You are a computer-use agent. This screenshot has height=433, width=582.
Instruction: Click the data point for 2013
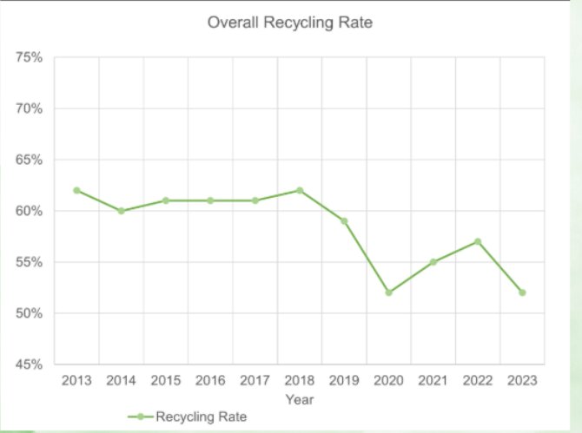(x=76, y=190)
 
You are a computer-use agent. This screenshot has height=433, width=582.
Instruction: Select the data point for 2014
(x=122, y=211)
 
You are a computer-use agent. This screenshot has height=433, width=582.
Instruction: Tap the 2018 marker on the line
(x=300, y=190)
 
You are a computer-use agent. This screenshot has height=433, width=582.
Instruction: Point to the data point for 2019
(x=344, y=221)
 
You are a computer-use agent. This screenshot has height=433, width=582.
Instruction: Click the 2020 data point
(x=388, y=292)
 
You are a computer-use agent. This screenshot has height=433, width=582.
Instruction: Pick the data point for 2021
(x=433, y=262)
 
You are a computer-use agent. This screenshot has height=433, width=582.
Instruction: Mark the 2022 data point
(x=478, y=241)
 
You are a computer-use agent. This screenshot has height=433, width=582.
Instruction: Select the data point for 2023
(x=522, y=292)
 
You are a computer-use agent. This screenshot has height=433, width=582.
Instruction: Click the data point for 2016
(x=210, y=200)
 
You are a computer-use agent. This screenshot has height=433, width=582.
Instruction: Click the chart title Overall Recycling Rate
(x=290, y=23)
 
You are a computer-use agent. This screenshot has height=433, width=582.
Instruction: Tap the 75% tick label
(x=30, y=57)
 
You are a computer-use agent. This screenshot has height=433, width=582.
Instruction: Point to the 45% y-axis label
(x=30, y=364)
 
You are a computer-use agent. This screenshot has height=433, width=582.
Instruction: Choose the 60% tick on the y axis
(x=30, y=211)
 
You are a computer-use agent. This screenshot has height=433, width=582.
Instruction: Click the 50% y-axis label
(x=30, y=313)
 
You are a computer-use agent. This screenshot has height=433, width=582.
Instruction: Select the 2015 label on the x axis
(x=166, y=381)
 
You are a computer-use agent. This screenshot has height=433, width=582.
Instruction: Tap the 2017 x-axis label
(x=255, y=381)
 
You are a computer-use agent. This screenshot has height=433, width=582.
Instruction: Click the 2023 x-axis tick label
(x=522, y=381)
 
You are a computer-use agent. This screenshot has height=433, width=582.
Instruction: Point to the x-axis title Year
(x=299, y=399)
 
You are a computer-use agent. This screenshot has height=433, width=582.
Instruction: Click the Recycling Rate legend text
(x=202, y=417)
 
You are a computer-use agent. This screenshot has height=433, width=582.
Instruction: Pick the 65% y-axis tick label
(x=30, y=160)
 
